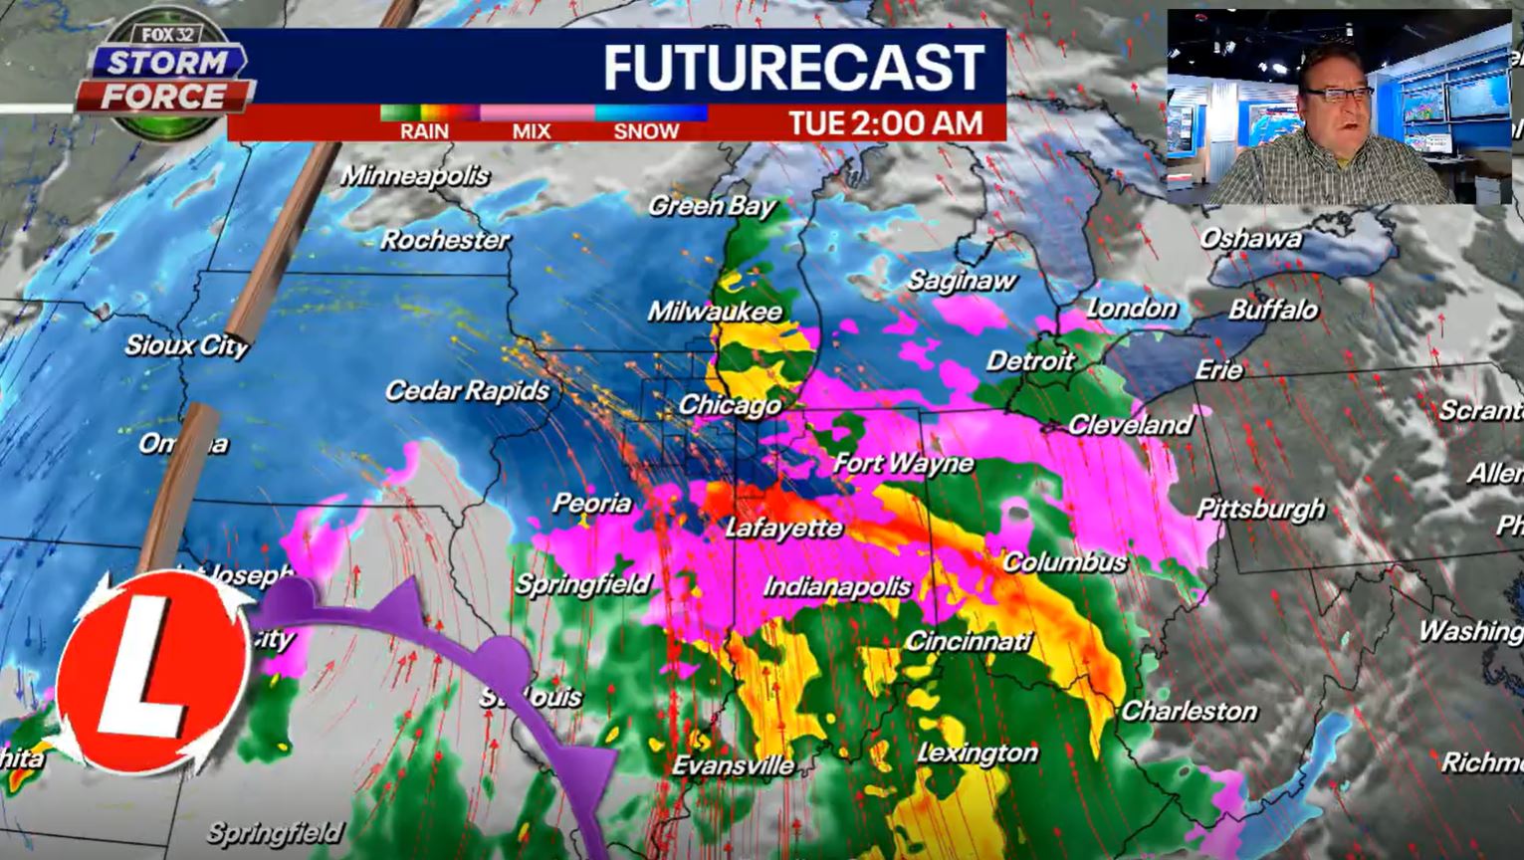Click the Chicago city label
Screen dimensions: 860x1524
click(730, 405)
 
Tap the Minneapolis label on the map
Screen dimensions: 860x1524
click(415, 176)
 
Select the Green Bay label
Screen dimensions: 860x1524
click(712, 206)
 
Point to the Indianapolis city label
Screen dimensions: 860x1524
click(837, 587)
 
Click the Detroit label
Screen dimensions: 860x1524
click(1030, 360)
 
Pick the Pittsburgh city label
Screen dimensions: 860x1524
click(1260, 509)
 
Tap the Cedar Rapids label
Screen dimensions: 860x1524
click(467, 390)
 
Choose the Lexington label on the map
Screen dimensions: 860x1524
click(977, 753)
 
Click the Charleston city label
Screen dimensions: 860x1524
click(1190, 711)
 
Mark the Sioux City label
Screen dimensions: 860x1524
click(186, 345)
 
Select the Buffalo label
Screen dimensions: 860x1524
click(1273, 310)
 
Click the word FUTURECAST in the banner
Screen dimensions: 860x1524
click(793, 68)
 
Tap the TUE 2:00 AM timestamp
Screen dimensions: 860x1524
click(885, 123)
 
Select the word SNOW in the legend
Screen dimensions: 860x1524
click(646, 131)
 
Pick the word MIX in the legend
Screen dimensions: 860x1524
click(532, 131)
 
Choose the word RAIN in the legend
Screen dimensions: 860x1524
click(424, 131)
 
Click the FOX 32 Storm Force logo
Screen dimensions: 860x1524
click(164, 80)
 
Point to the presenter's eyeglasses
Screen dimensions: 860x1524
click(1339, 94)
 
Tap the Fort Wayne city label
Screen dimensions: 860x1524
click(903, 463)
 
